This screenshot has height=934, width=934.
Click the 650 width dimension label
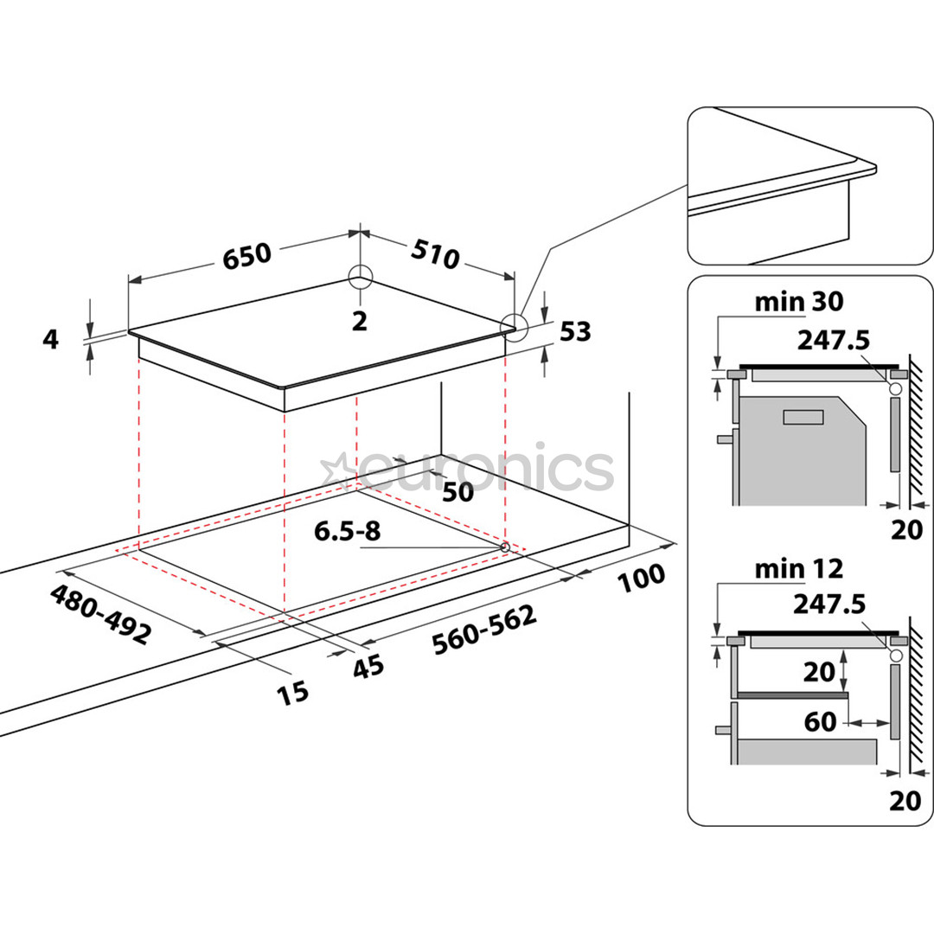(x=249, y=255)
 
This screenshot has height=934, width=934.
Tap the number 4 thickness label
(x=51, y=340)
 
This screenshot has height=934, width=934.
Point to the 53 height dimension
(x=575, y=331)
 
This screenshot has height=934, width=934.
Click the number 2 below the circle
(x=360, y=321)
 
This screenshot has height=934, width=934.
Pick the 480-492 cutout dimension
(x=100, y=614)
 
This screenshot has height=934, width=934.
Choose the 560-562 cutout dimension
(x=484, y=629)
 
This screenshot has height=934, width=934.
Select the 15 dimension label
(x=291, y=691)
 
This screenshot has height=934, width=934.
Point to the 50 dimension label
(x=457, y=492)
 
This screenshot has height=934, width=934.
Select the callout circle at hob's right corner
(x=514, y=325)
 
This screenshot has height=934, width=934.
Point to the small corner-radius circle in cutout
(x=504, y=547)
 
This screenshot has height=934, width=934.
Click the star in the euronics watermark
(x=335, y=471)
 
